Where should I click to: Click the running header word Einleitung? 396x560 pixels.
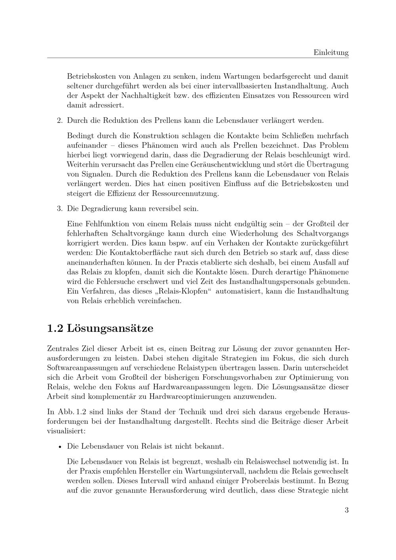click(331, 52)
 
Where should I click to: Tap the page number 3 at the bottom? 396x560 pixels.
click(346, 510)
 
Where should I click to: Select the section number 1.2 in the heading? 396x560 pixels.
click(55, 328)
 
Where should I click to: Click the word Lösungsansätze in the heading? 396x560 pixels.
click(110, 328)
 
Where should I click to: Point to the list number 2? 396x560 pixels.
click(60, 120)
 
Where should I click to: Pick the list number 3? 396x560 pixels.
click(60, 208)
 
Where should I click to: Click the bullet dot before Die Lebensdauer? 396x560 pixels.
click(60, 447)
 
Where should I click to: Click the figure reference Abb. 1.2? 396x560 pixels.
click(69, 411)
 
